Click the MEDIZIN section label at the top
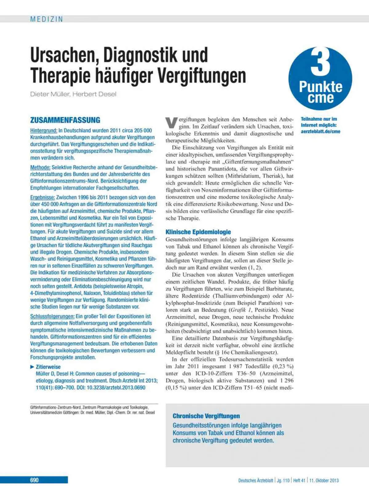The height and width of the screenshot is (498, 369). click(x=46, y=19)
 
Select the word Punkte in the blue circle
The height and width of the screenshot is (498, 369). click(x=320, y=87)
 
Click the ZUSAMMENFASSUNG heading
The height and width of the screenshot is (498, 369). click(x=65, y=120)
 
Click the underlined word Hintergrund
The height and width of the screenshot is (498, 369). click(x=44, y=130)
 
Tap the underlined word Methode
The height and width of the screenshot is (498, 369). click(x=40, y=168)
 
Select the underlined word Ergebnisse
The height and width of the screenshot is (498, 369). click(x=42, y=197)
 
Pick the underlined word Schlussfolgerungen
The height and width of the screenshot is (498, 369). click(x=52, y=316)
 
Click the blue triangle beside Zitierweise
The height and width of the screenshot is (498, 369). click(x=32, y=367)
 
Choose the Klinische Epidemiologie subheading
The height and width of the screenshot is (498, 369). click(x=198, y=232)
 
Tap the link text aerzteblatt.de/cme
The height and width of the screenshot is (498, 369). click(x=320, y=131)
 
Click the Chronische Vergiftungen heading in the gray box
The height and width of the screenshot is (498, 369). click(x=206, y=416)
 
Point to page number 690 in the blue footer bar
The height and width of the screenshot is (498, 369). click(x=34, y=480)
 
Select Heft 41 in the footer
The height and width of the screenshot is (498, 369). click(x=299, y=481)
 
